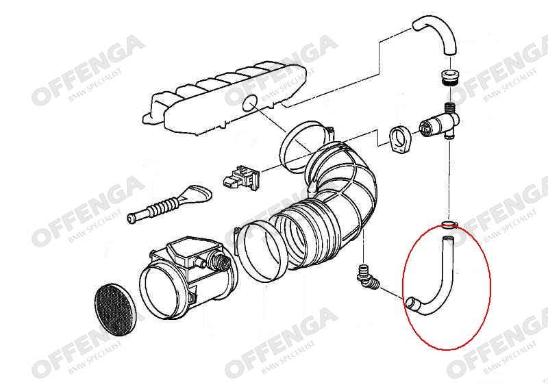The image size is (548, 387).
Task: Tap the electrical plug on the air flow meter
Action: [221, 261]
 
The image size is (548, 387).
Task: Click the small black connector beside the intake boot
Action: [241, 178]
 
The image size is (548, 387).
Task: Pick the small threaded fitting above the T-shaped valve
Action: [450, 108]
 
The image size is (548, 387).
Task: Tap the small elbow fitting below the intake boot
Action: [364, 276]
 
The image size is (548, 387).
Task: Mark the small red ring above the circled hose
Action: [449, 224]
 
